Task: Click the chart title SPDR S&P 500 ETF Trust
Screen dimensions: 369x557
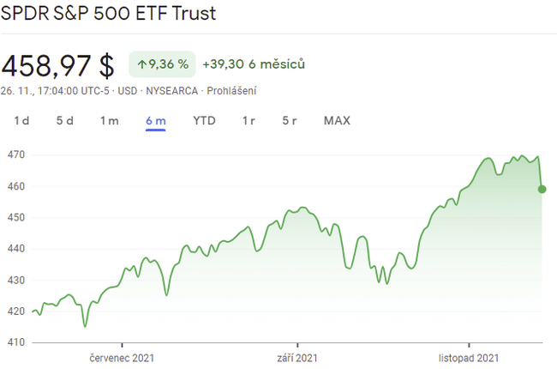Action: click(x=108, y=14)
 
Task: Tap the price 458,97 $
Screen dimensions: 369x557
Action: click(x=57, y=65)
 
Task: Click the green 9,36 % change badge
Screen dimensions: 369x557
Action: click(x=163, y=64)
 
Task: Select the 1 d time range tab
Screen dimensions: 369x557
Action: click(x=21, y=121)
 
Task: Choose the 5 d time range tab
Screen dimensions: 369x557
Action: click(x=65, y=121)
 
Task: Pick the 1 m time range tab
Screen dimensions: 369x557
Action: click(x=109, y=121)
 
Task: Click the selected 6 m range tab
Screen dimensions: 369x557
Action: click(x=155, y=121)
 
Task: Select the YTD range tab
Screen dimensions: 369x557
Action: click(x=204, y=121)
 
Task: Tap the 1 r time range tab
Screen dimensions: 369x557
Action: click(x=249, y=121)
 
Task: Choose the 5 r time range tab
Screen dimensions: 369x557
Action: click(x=290, y=121)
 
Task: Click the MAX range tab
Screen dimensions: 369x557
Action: click(x=337, y=121)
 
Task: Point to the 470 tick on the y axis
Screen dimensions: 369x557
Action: click(x=15, y=155)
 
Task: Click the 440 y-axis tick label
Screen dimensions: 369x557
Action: click(x=15, y=249)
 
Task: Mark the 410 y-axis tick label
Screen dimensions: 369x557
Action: click(x=15, y=342)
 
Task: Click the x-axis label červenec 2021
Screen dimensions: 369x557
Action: click(x=122, y=358)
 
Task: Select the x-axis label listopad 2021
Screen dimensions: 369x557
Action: click(x=464, y=358)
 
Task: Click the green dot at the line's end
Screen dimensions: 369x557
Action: click(x=542, y=189)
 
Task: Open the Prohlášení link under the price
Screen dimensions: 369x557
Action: click(x=231, y=91)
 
